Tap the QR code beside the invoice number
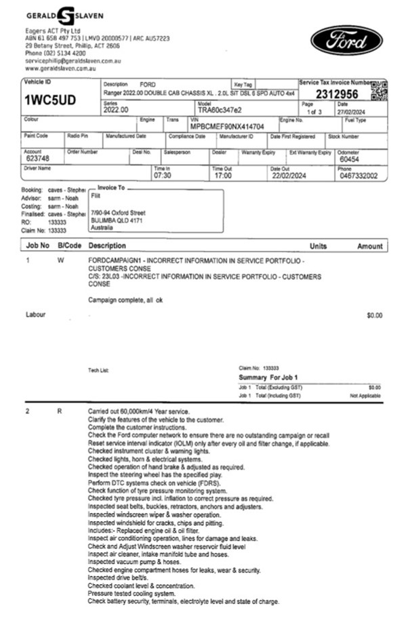point(380,90)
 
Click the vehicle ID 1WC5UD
point(51,101)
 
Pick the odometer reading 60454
point(349,159)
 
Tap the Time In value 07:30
point(163,176)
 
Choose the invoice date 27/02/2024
point(352,112)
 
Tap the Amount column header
point(369,246)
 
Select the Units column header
point(318,246)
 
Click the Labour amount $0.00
point(374,315)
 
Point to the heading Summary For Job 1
point(268,377)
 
